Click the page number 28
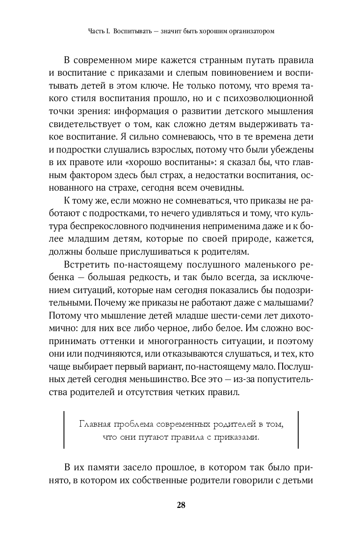181,505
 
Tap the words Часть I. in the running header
99,32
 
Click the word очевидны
224,188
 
